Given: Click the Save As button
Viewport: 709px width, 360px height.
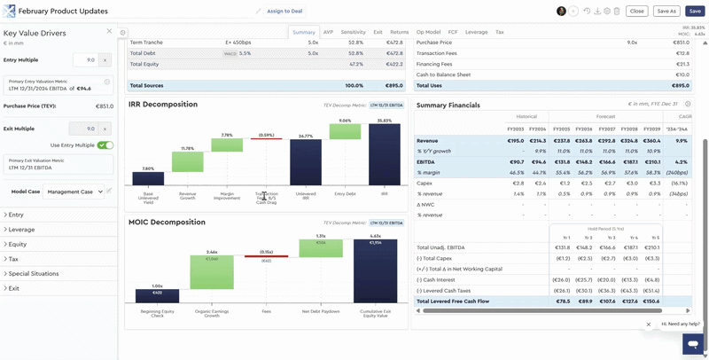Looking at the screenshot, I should tap(666, 11).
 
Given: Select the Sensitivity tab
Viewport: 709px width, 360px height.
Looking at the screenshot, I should tap(353, 32).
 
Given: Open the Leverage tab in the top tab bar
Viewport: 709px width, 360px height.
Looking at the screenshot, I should tap(476, 32).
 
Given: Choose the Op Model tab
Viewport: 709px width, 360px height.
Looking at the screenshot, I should tap(428, 32).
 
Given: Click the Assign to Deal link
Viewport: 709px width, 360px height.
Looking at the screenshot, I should tap(284, 11).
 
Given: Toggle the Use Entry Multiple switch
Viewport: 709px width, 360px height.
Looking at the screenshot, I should tap(105, 145).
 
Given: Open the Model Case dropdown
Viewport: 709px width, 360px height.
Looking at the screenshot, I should tap(75, 191).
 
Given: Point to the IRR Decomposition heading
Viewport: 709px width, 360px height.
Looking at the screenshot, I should tap(162, 105).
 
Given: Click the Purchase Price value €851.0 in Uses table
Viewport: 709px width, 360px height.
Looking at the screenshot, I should tap(681, 42).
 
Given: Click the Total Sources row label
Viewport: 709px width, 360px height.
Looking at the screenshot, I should tap(147, 85).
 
